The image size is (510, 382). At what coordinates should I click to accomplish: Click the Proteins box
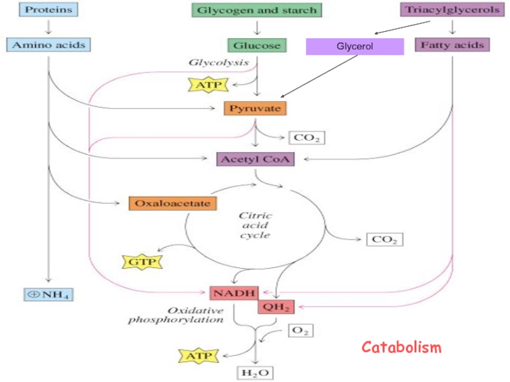click(47, 11)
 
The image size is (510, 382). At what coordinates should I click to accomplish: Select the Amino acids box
click(48, 45)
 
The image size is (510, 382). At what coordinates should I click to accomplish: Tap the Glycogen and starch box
click(256, 11)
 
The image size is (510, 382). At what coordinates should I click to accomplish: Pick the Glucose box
click(256, 45)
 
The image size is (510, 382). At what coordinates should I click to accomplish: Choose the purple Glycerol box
click(354, 46)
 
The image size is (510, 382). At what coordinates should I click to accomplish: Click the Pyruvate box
click(255, 108)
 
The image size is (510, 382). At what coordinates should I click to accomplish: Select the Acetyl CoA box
click(256, 159)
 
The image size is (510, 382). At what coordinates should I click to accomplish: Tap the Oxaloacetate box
click(173, 204)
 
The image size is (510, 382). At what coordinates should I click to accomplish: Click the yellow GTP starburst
click(143, 261)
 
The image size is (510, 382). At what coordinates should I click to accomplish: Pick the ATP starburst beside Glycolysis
click(208, 83)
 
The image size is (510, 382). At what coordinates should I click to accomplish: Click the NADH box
click(234, 293)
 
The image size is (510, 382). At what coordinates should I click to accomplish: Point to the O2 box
click(300, 330)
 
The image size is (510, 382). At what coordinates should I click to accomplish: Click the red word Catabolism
click(401, 348)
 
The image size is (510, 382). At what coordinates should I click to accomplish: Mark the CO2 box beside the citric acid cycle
click(384, 240)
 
